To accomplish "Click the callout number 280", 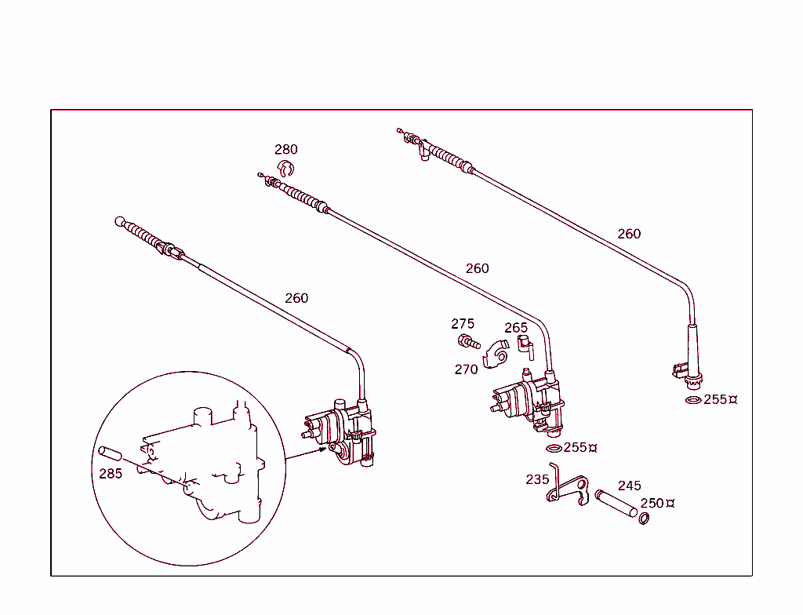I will (x=285, y=149).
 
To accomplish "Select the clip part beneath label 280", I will (x=287, y=167).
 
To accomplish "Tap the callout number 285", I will (x=110, y=473).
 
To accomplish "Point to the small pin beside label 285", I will (x=109, y=454).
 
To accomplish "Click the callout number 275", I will (x=463, y=323).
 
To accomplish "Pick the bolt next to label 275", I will (x=468, y=342).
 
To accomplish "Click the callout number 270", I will (x=466, y=369).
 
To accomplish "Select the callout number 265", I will (x=516, y=327).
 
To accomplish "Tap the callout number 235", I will (x=537, y=479).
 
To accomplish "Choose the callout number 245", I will (x=629, y=486).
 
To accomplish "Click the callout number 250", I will (x=652, y=503).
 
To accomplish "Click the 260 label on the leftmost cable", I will (x=296, y=297).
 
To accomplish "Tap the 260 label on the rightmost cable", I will (x=629, y=233).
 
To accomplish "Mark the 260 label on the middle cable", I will (x=477, y=267).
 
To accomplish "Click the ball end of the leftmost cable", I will (x=120, y=221).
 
